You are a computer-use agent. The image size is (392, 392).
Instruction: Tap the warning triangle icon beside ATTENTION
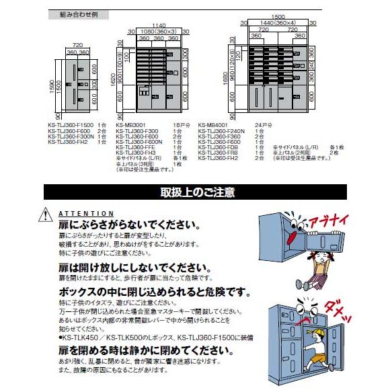click(44, 214)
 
